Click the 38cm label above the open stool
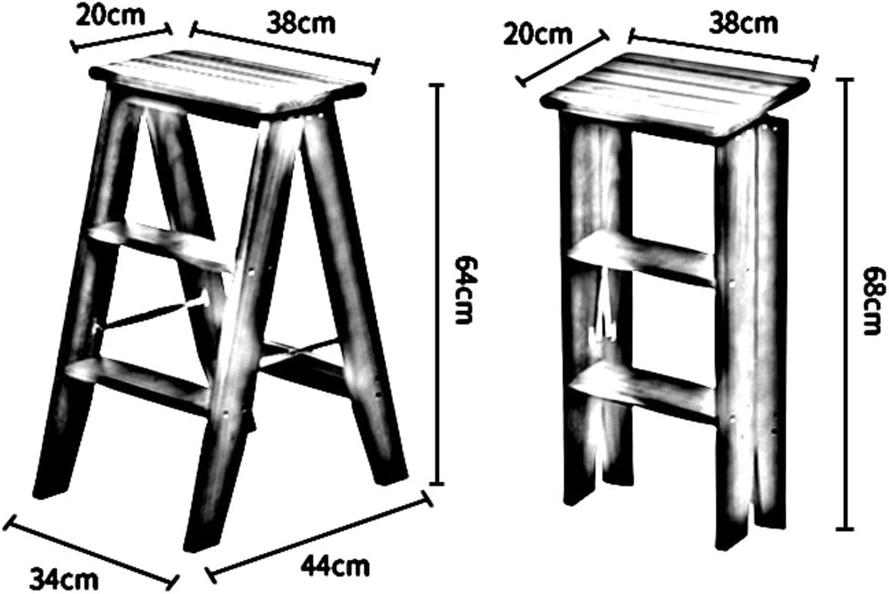click(x=303, y=22)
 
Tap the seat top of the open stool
click(x=234, y=83)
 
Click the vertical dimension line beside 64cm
click(x=436, y=284)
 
